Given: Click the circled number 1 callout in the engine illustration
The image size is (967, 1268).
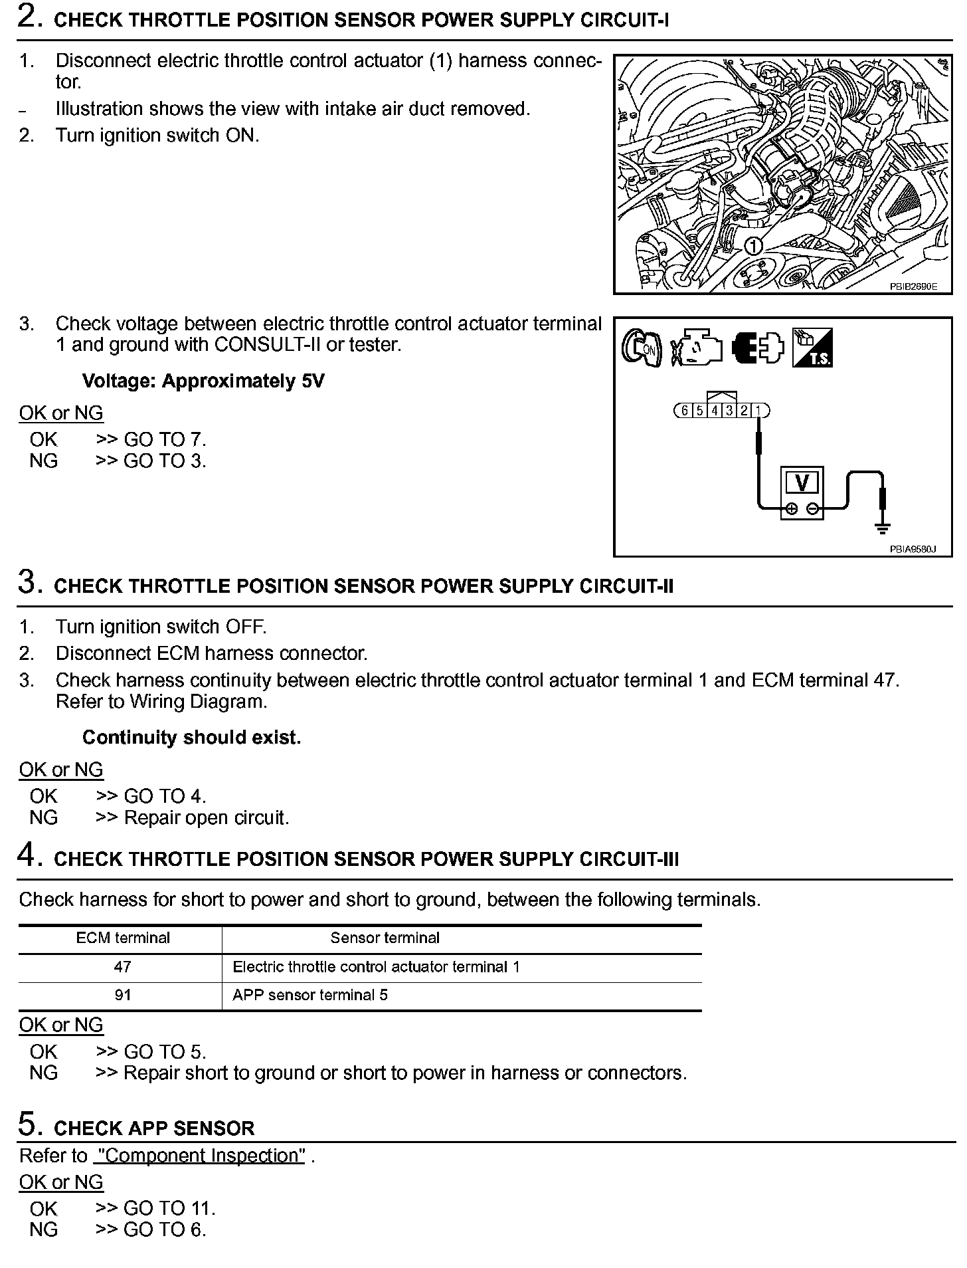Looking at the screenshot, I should tap(752, 246).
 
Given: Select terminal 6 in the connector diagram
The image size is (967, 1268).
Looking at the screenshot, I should tap(684, 410).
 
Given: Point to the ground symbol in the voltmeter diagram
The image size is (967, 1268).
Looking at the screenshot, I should tap(882, 528).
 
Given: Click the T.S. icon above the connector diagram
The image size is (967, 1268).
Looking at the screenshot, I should tap(812, 348).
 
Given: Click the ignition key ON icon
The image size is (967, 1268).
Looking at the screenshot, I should tap(641, 348).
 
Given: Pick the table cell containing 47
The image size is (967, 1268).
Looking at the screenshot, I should tap(122, 967).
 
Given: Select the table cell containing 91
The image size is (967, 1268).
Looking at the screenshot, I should tap(122, 995).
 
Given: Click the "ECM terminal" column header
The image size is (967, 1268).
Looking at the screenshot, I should tap(123, 938).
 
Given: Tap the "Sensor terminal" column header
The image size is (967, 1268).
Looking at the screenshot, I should tap(385, 938).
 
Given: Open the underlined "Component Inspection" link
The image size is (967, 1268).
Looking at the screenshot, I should tap(199, 1156).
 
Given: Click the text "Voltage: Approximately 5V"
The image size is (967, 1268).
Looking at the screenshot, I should tap(203, 381).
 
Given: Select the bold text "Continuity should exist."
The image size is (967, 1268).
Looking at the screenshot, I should tap(191, 738).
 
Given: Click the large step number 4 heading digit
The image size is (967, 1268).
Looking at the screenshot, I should tap(27, 855).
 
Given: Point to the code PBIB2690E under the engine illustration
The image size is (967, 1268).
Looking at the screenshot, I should tap(913, 287).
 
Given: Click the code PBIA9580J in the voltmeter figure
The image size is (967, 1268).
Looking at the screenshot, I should tap(913, 550).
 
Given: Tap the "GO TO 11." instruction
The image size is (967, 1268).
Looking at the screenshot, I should tap(169, 1208).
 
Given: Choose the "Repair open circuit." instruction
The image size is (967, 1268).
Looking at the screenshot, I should tap(207, 817).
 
